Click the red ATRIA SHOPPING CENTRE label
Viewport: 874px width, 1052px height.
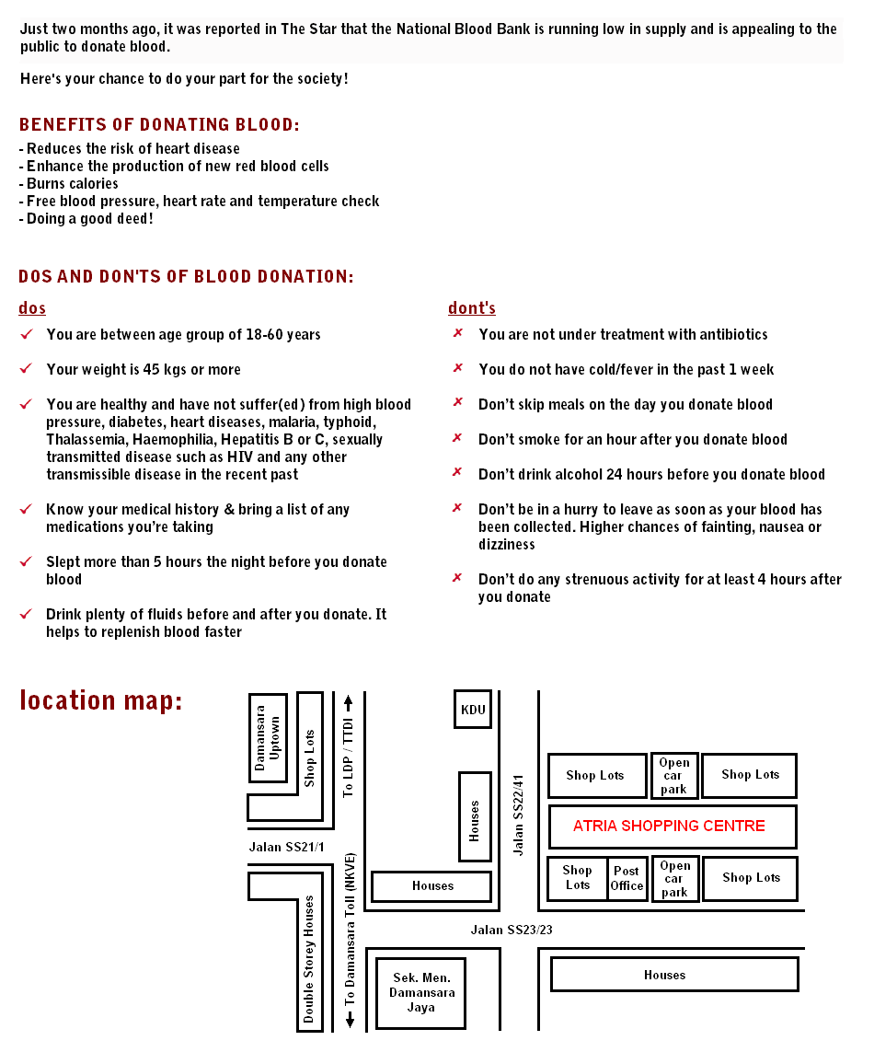pyautogui.click(x=669, y=826)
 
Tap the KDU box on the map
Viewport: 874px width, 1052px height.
pyautogui.click(x=473, y=710)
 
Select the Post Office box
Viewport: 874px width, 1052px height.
pyautogui.click(x=627, y=878)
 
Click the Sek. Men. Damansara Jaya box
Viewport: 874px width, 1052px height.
pyautogui.click(x=420, y=993)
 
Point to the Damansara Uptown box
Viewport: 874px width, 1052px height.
pyautogui.click(x=268, y=738)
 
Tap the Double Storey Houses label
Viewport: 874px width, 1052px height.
pyautogui.click(x=309, y=959)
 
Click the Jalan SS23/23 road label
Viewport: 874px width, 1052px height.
pyautogui.click(x=512, y=930)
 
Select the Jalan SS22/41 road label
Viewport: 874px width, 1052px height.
pyautogui.click(x=519, y=815)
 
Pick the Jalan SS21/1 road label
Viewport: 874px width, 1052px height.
pyautogui.click(x=286, y=847)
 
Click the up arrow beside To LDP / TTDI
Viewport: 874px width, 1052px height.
pyautogui.click(x=348, y=704)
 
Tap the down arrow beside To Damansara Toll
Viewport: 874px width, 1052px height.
pyautogui.click(x=350, y=1020)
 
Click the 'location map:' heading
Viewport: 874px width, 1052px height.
pyautogui.click(x=101, y=700)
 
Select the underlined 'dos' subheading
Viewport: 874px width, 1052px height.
pyautogui.click(x=32, y=308)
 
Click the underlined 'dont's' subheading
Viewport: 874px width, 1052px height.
pyautogui.click(x=472, y=308)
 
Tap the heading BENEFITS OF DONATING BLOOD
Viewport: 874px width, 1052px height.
pyautogui.click(x=158, y=125)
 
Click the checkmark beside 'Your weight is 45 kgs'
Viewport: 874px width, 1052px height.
pyautogui.click(x=26, y=369)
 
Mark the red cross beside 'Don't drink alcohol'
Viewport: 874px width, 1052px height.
pyautogui.click(x=457, y=473)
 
